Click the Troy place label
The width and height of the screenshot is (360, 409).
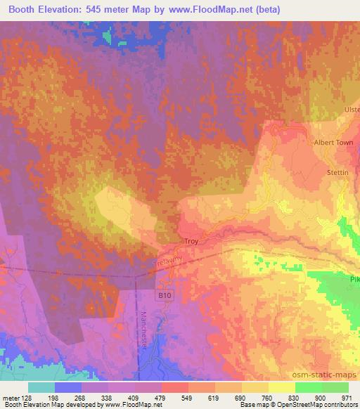click(191, 241)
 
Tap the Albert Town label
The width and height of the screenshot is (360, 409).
click(333, 142)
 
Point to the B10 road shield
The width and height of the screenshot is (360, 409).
click(165, 296)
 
